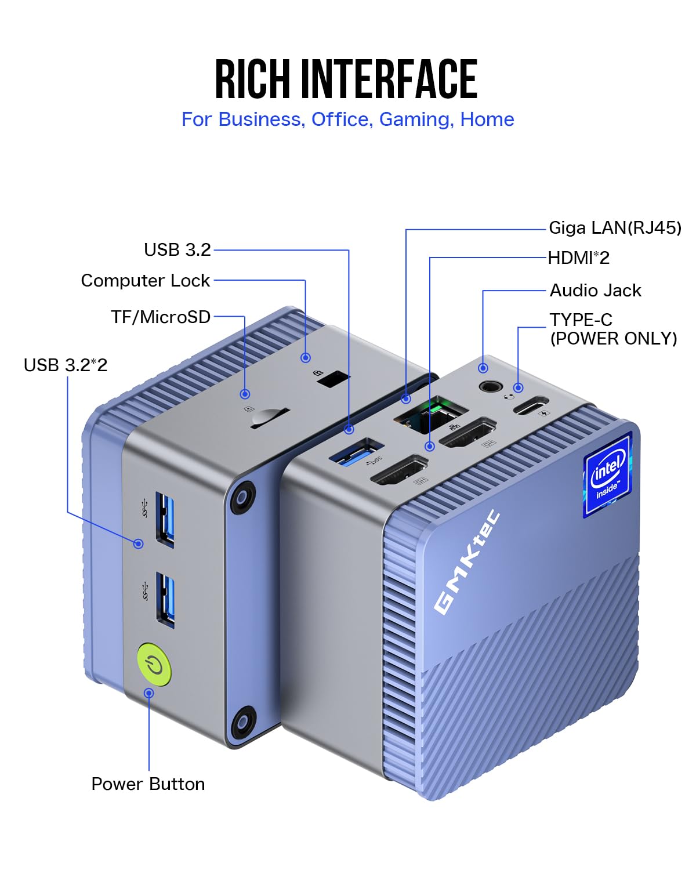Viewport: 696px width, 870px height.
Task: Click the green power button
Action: coord(154,665)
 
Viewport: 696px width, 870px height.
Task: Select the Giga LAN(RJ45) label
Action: coord(615,228)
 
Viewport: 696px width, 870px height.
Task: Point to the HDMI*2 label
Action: coord(579,258)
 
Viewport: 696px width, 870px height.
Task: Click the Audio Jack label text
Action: coord(595,290)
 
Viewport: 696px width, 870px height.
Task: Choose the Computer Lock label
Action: coord(145,281)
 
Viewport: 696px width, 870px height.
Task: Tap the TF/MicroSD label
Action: coord(161,317)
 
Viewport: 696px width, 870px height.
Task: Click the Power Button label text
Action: coord(148,784)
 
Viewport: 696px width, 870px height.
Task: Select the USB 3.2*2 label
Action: coord(66,365)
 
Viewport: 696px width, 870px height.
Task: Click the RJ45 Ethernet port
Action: coord(431,413)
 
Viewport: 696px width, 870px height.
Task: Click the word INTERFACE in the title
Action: coord(389,79)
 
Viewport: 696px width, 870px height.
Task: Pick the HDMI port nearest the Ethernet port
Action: coord(467,432)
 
